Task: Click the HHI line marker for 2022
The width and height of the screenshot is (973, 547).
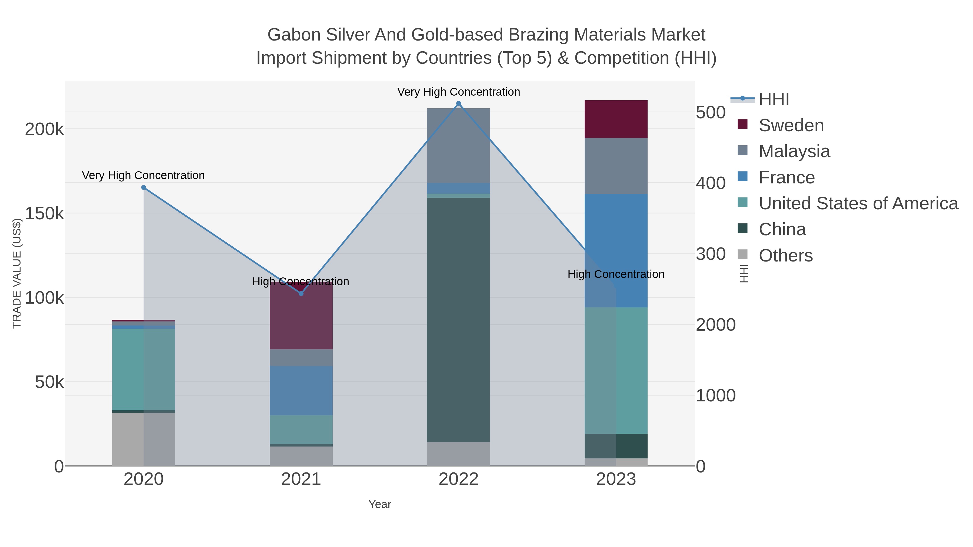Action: [459, 103]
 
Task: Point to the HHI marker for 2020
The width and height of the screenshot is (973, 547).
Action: [144, 188]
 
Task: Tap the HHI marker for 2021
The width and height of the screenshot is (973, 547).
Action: [301, 293]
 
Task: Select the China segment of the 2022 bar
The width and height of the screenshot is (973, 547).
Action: [459, 319]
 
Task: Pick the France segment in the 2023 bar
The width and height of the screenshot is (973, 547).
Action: [616, 251]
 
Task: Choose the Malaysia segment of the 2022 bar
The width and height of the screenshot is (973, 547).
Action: [459, 146]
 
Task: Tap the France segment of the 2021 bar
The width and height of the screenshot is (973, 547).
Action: [301, 390]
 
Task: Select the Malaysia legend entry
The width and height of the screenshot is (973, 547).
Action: [794, 151]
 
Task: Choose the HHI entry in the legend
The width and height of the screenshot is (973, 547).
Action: [774, 99]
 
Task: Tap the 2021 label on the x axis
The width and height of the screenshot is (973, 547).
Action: [301, 479]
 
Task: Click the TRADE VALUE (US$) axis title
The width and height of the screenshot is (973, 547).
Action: [17, 273]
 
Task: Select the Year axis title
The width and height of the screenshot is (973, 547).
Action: [380, 504]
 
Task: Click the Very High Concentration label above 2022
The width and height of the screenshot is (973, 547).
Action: [459, 92]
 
